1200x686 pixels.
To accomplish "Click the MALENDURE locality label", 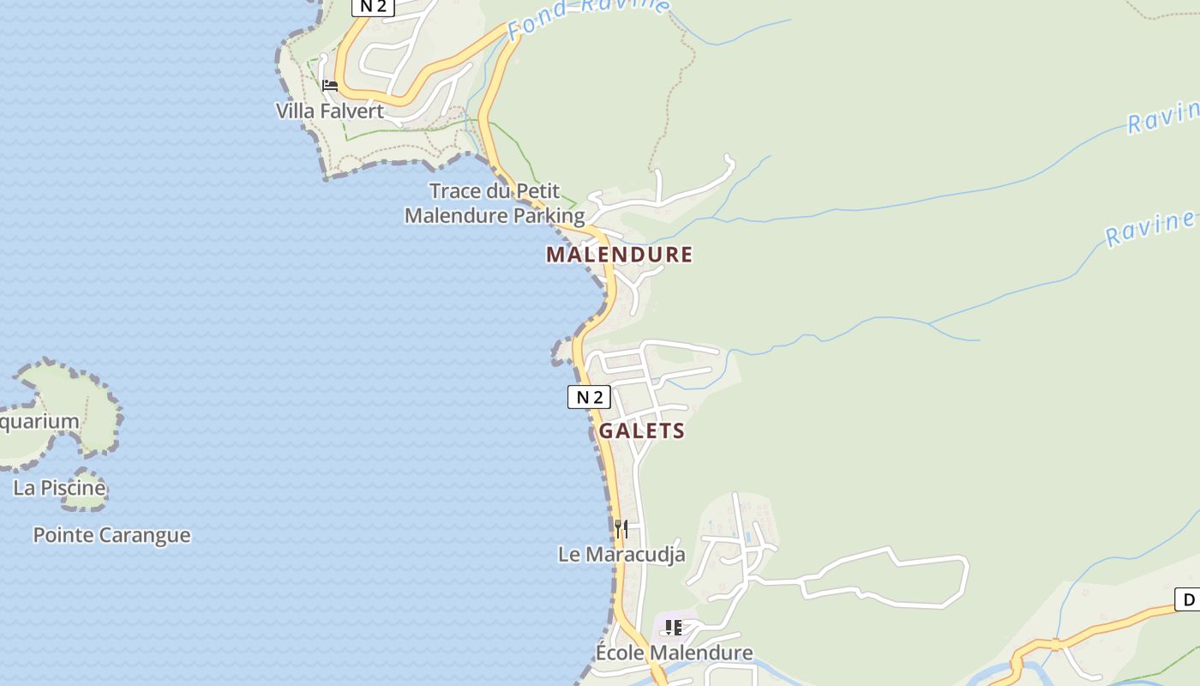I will tap(619, 255).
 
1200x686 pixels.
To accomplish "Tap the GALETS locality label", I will tap(641, 431).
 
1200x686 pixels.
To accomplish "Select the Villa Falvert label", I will tap(329, 111).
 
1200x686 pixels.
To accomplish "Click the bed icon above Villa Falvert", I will tap(329, 86).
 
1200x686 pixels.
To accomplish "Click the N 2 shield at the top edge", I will tap(373, 7).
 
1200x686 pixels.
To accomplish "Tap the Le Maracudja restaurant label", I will tap(621, 555).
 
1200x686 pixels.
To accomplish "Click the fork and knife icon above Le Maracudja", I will tap(621, 528).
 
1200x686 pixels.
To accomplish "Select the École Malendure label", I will tap(674, 653).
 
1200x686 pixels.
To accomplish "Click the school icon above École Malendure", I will tap(674, 628).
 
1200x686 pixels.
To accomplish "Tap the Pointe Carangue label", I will tap(111, 535).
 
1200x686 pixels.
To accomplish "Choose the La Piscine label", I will tap(59, 488).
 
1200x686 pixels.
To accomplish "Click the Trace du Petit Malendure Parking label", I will tap(495, 203).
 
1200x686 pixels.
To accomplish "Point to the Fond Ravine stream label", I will tap(587, 15).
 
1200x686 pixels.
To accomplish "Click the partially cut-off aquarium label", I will tap(39, 422).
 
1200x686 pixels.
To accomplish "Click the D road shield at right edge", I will tap(1188, 599).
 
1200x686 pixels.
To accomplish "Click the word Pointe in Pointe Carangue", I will tap(63, 535).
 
